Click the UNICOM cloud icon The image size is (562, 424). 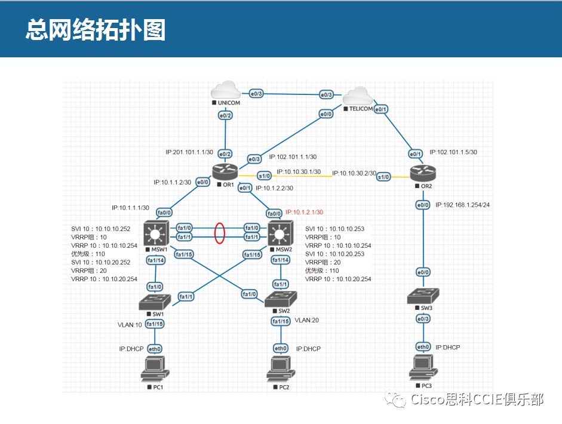226,90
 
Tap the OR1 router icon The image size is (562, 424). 225,172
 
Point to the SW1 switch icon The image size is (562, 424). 155,302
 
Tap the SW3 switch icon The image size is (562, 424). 423,296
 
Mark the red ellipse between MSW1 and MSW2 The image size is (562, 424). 219,233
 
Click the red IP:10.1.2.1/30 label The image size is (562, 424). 304,212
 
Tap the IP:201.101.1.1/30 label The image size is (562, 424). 189,152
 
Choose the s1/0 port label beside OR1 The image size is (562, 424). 265,176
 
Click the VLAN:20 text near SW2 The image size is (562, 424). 307,320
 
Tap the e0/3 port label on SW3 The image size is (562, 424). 423,319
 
